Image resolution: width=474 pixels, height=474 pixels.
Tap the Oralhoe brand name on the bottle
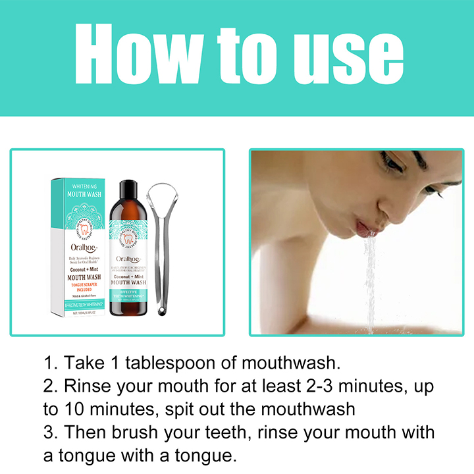[130, 259]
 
